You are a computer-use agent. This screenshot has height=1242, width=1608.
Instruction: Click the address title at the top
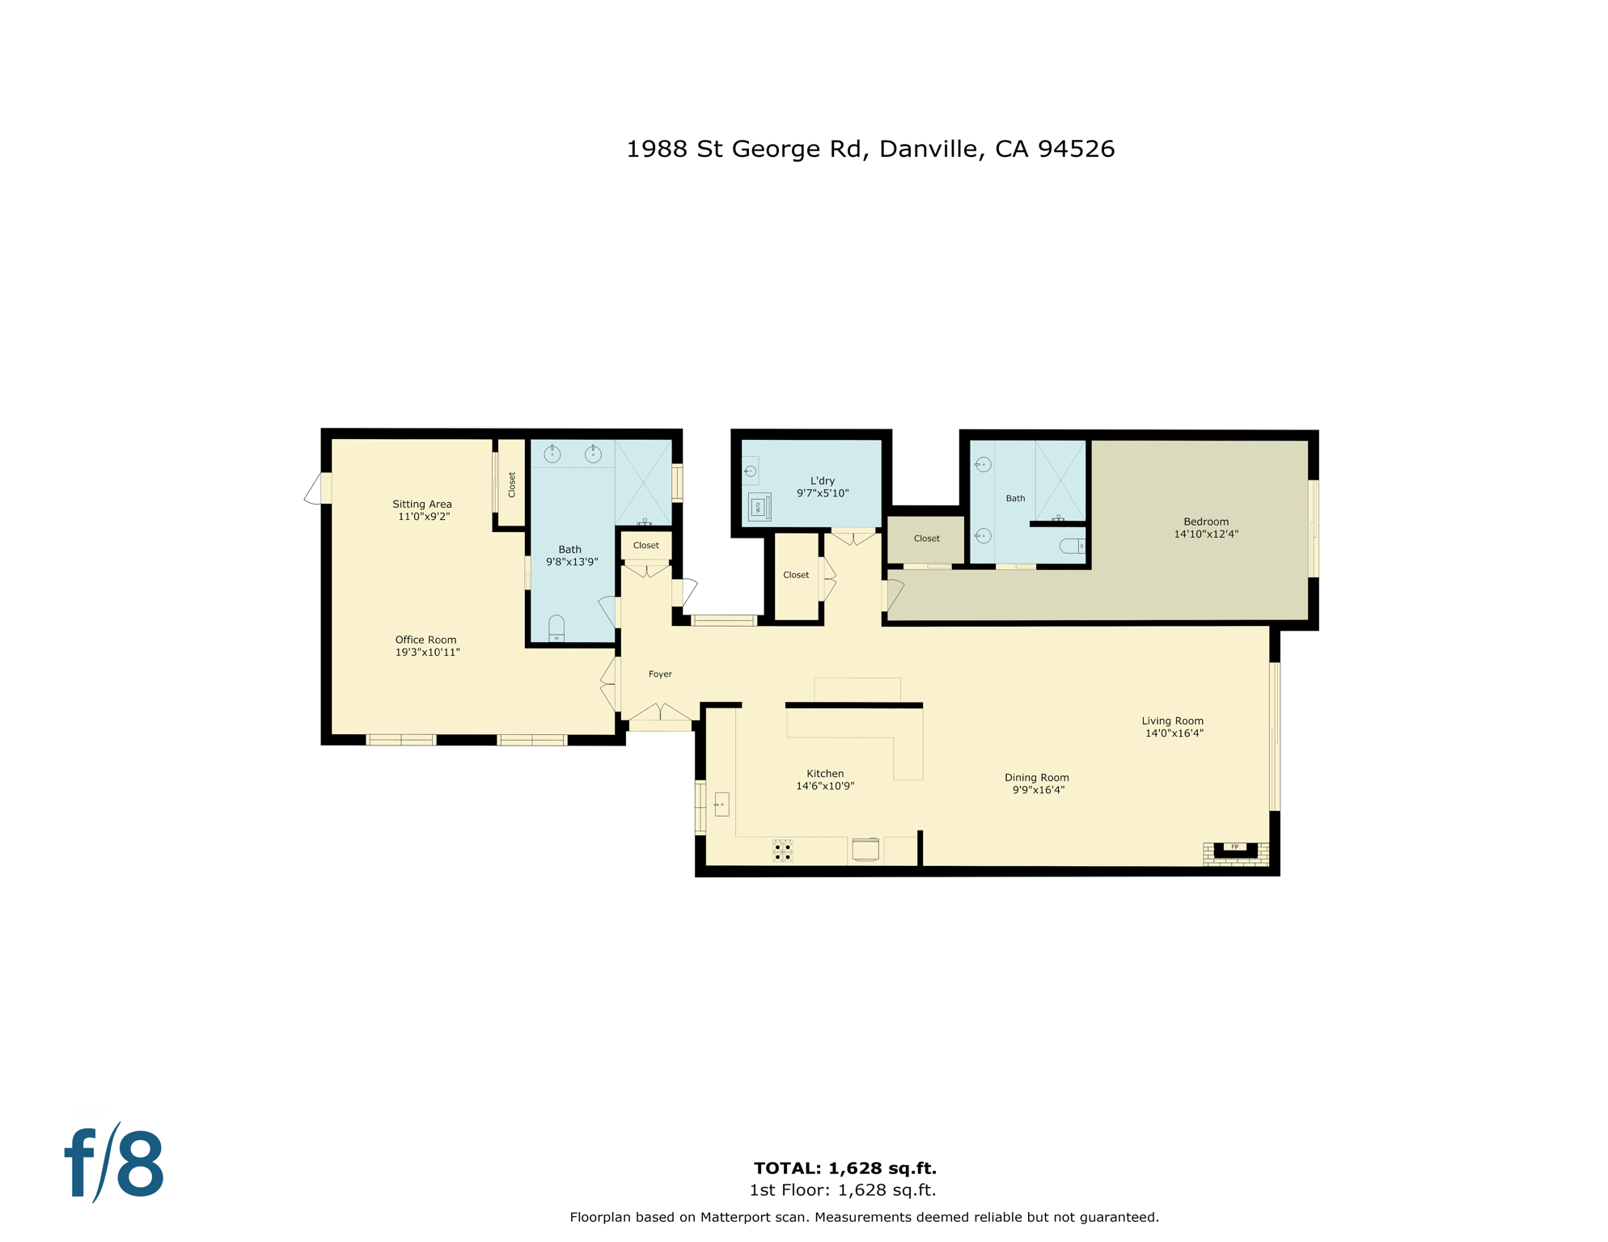click(870, 149)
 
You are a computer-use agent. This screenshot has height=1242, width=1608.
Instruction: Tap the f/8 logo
click(115, 1164)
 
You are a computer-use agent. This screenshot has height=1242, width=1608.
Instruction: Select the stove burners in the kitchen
click(782, 851)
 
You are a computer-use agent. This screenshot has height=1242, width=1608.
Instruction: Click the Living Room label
click(1172, 720)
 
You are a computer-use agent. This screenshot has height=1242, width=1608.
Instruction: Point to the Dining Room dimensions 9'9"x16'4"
click(1038, 790)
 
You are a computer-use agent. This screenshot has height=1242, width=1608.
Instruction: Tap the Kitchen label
click(825, 773)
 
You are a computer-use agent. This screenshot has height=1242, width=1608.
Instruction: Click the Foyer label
click(660, 674)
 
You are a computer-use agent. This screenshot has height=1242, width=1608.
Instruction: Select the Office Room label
click(425, 640)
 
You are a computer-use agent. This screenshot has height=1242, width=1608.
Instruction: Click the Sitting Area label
click(422, 504)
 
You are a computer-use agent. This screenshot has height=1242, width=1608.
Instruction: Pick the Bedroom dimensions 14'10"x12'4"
click(1206, 534)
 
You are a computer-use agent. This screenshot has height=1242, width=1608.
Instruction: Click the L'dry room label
click(822, 480)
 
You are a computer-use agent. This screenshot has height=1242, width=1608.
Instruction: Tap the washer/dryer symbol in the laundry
click(759, 507)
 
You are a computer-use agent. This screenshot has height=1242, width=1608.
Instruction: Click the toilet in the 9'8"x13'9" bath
click(556, 628)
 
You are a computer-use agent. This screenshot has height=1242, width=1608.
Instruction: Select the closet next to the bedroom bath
click(926, 539)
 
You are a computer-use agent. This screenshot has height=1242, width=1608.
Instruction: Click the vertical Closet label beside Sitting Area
click(512, 484)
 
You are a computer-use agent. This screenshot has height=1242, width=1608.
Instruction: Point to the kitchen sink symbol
click(721, 804)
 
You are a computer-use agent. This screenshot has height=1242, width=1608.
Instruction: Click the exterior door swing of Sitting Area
click(314, 490)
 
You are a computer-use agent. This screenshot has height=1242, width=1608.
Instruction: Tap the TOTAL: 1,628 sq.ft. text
click(844, 1168)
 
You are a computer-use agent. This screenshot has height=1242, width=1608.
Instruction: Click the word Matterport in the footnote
click(737, 1217)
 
